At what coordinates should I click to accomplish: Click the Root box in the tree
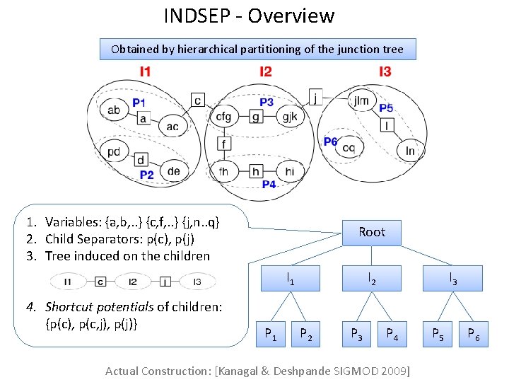[x=372, y=232]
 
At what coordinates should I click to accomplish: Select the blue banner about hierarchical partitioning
[x=257, y=49]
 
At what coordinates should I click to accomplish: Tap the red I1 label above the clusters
[x=145, y=71]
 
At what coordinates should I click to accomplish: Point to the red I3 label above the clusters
[x=385, y=71]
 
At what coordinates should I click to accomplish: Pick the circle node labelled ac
[x=172, y=127]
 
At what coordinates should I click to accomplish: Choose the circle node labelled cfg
[x=223, y=117]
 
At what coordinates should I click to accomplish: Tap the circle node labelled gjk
[x=290, y=117]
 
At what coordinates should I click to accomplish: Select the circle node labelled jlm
[x=361, y=101]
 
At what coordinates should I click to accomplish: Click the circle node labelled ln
[x=410, y=150]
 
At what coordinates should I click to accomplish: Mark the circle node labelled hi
[x=290, y=170]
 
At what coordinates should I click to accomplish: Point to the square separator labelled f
[x=224, y=144]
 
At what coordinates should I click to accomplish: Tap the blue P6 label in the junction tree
[x=330, y=141]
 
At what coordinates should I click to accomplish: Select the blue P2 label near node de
[x=146, y=174]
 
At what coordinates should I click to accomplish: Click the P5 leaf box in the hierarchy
[x=438, y=334]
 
